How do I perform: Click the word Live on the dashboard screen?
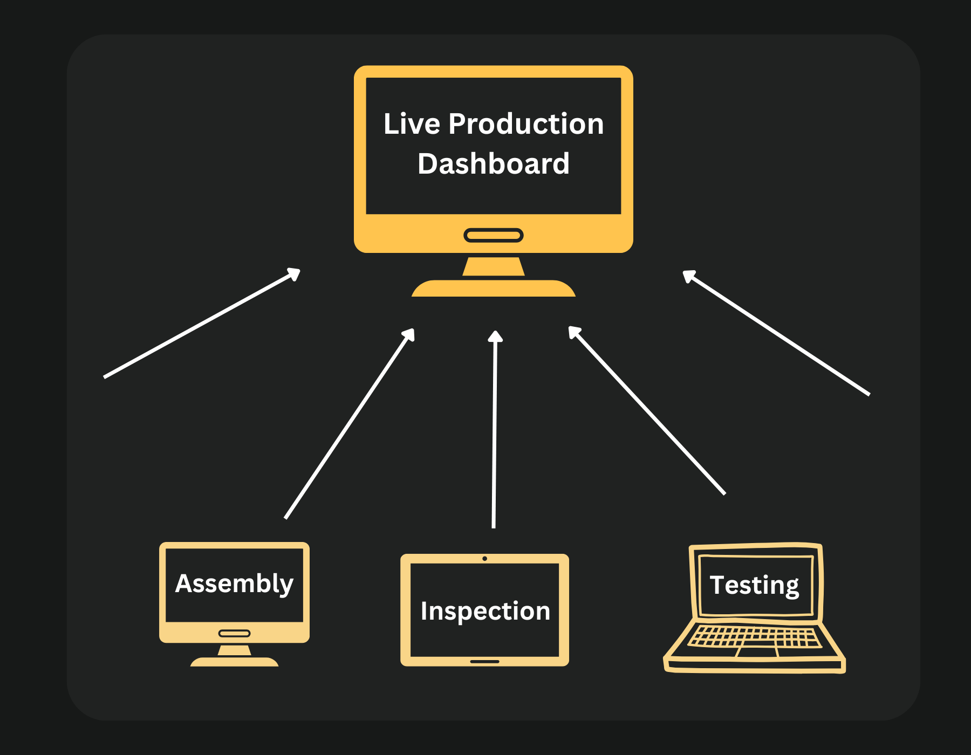[412, 124]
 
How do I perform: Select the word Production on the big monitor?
[526, 124]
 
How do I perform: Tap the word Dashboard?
[493, 164]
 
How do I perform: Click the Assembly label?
[234, 584]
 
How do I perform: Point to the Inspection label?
[485, 611]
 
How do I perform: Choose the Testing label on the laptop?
[754, 585]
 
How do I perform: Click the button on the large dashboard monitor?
[493, 235]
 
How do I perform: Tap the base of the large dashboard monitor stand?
[493, 289]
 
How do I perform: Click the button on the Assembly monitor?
[234, 633]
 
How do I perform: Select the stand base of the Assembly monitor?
[234, 662]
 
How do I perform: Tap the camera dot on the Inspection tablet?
[485, 559]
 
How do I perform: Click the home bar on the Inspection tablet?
[485, 661]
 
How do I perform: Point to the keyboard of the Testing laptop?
[755, 636]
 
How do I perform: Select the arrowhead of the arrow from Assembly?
[409, 334]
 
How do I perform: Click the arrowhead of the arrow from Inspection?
[495, 337]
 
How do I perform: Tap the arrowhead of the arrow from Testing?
[574, 332]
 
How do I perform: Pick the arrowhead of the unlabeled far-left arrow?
[295, 273]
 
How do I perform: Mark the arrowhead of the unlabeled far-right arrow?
[688, 275]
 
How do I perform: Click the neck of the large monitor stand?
[493, 266]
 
